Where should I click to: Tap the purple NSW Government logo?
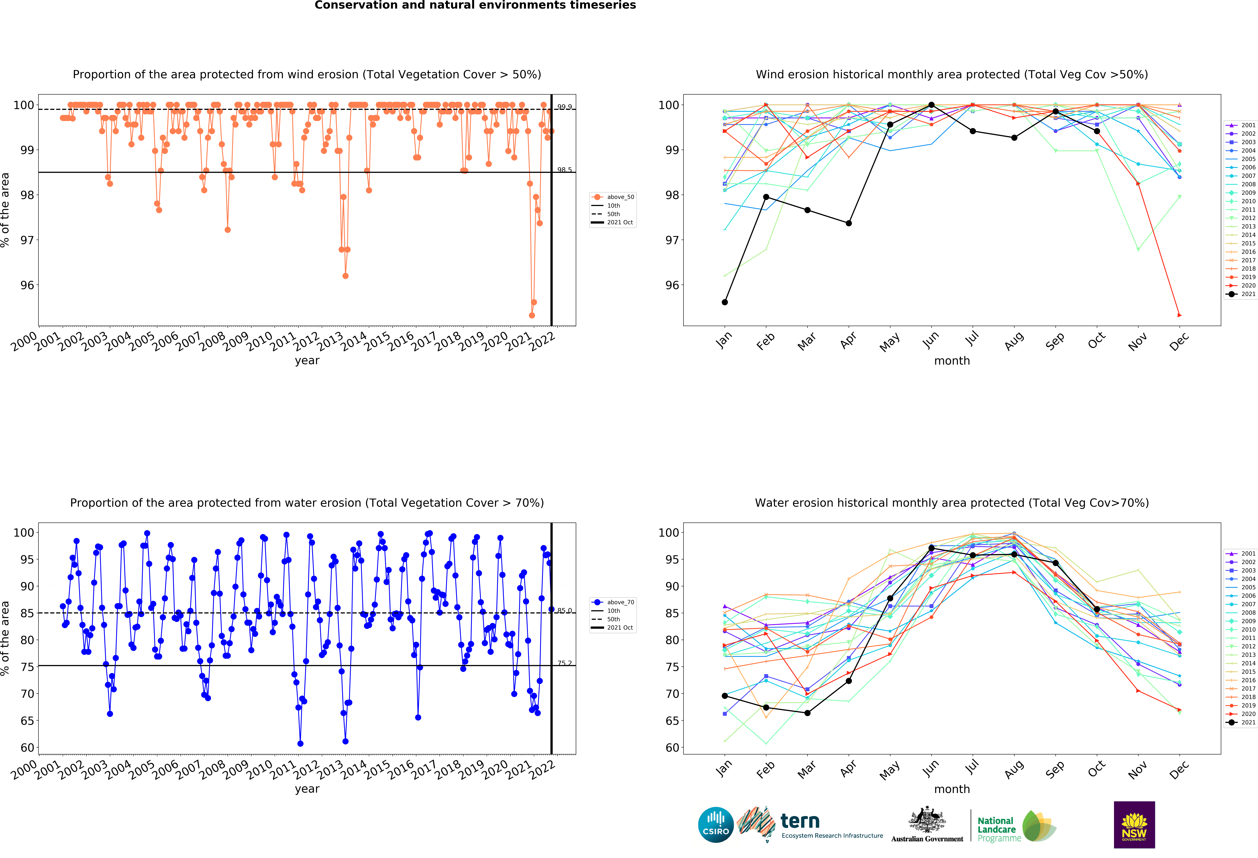(1134, 824)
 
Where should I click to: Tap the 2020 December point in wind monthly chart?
(1179, 315)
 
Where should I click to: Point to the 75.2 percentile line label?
(565, 663)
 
